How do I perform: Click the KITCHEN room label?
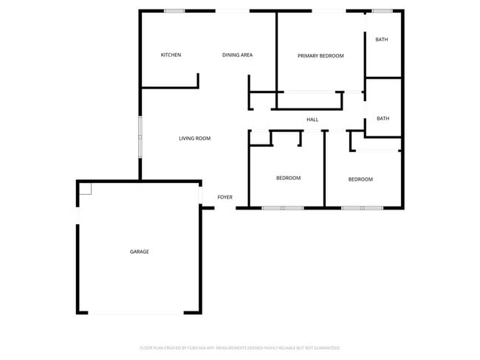coord(171,55)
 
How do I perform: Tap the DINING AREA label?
coord(238,55)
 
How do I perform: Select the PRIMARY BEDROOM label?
coord(320,55)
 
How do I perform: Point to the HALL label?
coord(312,119)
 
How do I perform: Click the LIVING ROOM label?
coord(195,138)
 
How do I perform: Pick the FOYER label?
coord(224,197)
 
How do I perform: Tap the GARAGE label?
coord(140,252)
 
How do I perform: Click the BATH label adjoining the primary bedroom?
coord(382,40)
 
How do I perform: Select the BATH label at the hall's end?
coord(383,118)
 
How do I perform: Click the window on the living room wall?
coord(140,136)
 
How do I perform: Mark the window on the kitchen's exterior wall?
coord(174,10)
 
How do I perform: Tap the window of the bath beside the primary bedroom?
coord(382,10)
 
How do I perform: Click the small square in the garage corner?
coord(85,188)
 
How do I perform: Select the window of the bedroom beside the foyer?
coord(283,208)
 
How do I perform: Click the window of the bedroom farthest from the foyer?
coord(362,208)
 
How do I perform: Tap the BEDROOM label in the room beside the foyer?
coord(288,178)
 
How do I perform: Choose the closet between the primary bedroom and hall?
coord(310,100)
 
